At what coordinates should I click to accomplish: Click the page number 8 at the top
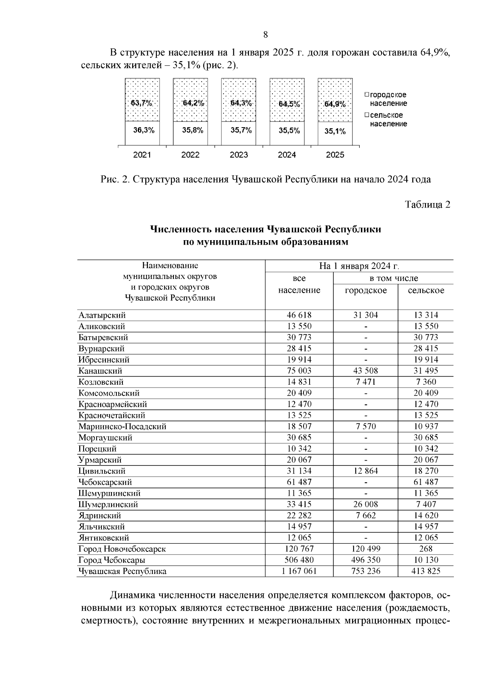click(x=266, y=35)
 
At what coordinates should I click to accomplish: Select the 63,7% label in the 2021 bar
click(x=141, y=103)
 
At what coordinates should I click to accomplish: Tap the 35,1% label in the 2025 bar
click(x=335, y=131)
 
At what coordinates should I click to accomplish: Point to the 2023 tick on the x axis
click(x=238, y=155)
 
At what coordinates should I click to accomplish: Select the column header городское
click(x=366, y=291)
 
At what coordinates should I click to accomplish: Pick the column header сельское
click(x=426, y=291)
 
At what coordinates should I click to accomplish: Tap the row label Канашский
click(x=100, y=371)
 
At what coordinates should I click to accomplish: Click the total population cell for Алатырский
click(x=299, y=315)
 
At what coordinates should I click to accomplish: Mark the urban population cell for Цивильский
click(x=366, y=471)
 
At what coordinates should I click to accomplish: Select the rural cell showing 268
click(x=426, y=549)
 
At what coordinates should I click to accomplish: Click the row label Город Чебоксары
click(x=112, y=560)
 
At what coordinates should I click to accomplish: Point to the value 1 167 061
click(x=299, y=571)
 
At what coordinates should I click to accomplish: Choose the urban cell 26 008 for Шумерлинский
click(x=366, y=505)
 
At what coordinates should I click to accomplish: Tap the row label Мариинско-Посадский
click(x=122, y=427)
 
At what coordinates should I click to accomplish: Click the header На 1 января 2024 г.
click(x=359, y=266)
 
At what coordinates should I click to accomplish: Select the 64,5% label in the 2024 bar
click(x=289, y=104)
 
